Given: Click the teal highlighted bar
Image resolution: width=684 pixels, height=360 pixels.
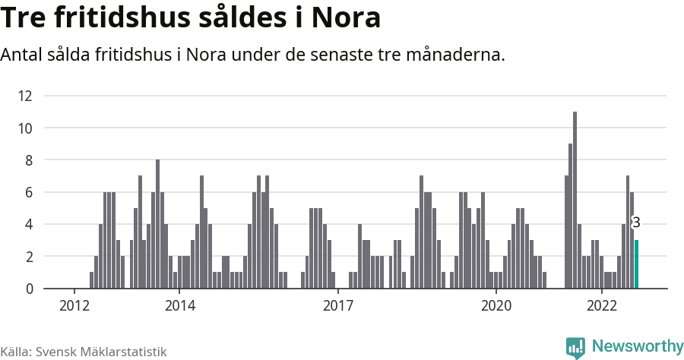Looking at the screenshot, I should [x=637, y=264].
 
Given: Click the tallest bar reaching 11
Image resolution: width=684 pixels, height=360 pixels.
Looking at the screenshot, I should [x=575, y=201].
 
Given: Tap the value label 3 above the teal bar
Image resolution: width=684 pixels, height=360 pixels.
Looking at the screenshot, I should [x=636, y=223].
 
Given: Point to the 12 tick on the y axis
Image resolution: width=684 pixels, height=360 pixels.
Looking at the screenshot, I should [x=25, y=96].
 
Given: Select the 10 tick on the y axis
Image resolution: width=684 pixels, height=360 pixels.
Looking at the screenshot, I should [x=25, y=128].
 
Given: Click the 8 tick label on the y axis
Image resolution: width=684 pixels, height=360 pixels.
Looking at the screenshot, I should [x=29, y=160].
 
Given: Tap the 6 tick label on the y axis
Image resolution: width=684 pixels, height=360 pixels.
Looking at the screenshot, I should [x=29, y=193].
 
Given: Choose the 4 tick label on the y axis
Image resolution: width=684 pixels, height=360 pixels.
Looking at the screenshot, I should [x=29, y=225].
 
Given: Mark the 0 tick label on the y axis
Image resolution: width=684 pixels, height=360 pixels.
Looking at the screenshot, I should [x=29, y=289].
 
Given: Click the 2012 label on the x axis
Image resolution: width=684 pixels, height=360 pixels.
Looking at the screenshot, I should [x=74, y=305].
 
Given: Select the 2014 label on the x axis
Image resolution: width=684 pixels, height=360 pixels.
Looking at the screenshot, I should [x=179, y=305].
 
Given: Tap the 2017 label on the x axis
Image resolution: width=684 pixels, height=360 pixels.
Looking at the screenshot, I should [x=338, y=305].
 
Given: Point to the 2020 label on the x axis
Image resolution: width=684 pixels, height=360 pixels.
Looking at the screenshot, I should [x=496, y=305].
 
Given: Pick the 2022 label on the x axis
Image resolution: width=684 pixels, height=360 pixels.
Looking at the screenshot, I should [x=602, y=305].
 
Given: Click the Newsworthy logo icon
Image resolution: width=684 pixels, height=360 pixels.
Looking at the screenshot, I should [x=575, y=347].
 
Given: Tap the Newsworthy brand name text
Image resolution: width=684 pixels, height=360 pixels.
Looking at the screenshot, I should [x=637, y=346].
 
